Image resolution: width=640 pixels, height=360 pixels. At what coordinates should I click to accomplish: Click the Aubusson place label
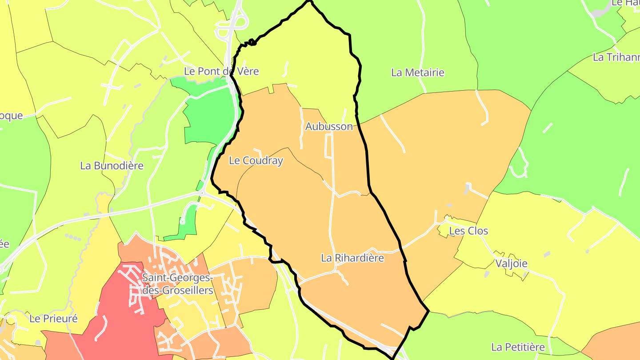[x=329, y=127]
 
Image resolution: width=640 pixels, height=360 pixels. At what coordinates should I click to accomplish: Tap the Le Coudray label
[x=256, y=161]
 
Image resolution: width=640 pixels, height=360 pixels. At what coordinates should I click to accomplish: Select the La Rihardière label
[x=352, y=258]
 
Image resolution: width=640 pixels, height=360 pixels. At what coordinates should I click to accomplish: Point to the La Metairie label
[x=418, y=72]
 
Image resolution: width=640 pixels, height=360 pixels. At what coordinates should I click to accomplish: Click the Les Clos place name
[x=468, y=231]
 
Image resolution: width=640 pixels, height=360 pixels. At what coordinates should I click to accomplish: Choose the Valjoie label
[x=511, y=264]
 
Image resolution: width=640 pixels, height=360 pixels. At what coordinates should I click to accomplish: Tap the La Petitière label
[x=518, y=347]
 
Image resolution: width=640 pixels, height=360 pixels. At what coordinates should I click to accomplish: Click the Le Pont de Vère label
[x=221, y=71]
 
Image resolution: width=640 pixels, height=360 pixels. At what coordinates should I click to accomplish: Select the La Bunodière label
[x=112, y=166]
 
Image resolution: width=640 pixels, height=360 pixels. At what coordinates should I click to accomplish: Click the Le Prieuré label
[x=53, y=319]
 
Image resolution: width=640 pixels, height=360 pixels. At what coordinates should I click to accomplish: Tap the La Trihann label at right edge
[x=616, y=57]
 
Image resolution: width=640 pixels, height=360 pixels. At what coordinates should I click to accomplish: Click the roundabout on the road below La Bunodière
[x=202, y=193]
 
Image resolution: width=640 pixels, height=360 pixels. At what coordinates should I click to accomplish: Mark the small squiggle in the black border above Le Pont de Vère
[x=252, y=42]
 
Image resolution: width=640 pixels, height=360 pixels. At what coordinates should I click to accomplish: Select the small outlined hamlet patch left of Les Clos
[x=444, y=229]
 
